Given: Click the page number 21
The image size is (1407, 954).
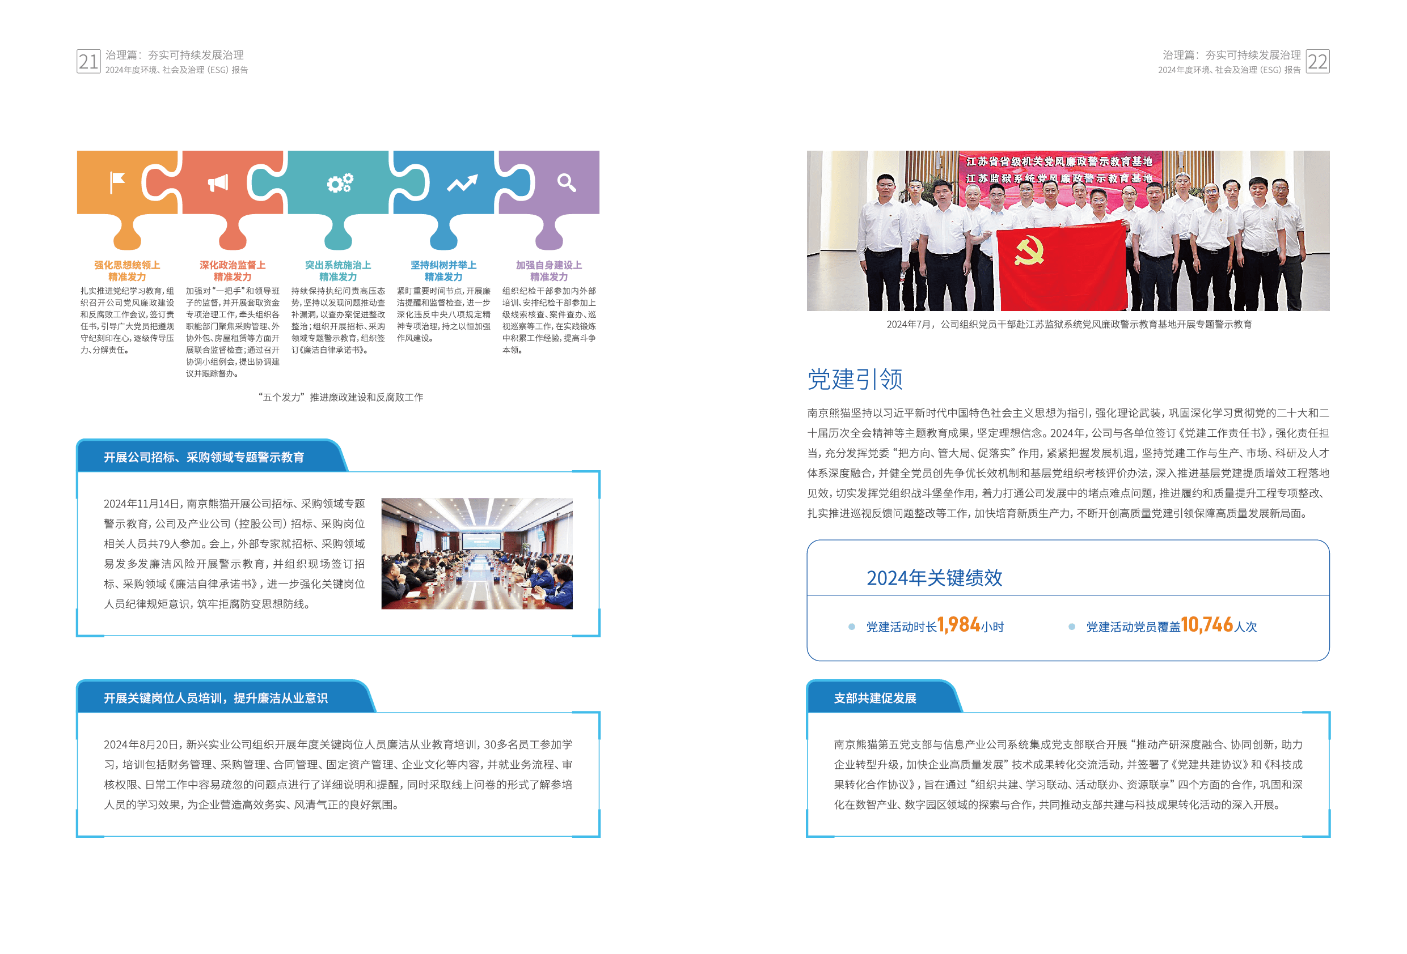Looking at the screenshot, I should tap(88, 62).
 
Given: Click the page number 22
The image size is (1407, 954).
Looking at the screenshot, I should tap(1317, 62).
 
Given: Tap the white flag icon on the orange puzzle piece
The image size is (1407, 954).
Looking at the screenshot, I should tap(117, 181).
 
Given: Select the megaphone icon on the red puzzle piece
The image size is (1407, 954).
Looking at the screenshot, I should tap(218, 182).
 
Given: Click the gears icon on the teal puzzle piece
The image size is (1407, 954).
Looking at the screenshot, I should tap(340, 182).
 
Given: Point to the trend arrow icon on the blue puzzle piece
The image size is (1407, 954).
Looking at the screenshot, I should tap(462, 182).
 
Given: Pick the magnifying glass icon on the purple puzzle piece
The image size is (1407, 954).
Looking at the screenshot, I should tap(566, 182).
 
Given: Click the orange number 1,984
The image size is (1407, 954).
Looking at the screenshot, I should tap(958, 624).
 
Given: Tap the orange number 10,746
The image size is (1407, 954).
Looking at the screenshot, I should tap(1207, 624).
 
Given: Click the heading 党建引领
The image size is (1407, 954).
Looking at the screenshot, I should tap(855, 380).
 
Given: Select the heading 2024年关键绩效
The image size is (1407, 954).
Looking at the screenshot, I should tap(934, 578).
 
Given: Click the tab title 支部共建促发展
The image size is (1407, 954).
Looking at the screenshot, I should tap(875, 698).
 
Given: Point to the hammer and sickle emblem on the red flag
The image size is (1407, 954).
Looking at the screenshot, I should tap(1029, 250).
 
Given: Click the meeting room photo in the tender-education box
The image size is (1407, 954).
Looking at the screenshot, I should tap(476, 553).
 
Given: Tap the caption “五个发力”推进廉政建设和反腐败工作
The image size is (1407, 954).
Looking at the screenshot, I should tap(341, 398).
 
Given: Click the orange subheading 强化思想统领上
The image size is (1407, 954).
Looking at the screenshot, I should tap(127, 265).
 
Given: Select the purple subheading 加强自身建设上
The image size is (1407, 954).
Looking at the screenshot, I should tap(548, 265).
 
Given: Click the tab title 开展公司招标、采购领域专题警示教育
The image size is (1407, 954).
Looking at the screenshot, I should tap(204, 457).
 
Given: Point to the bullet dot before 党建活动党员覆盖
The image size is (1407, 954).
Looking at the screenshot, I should tap(1072, 627).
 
